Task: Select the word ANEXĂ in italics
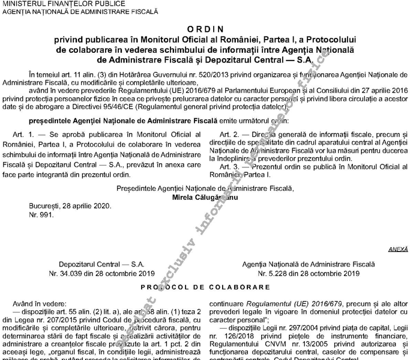[397, 248]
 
